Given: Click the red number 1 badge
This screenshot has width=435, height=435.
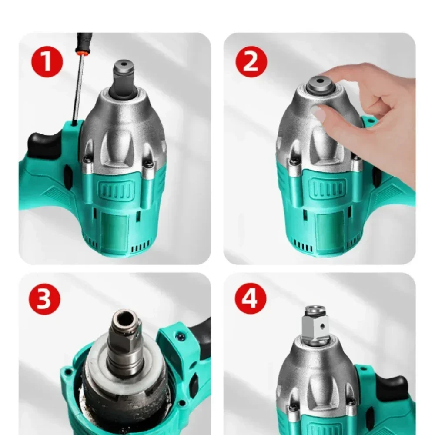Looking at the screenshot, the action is point(47,62).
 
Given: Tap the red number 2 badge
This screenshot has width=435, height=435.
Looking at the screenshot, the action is point(251,62).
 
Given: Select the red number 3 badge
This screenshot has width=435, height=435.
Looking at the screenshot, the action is point(44,299).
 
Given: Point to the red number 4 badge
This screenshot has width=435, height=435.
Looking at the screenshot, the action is point(251,299).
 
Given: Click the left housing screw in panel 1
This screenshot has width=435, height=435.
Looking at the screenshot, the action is point(87,160).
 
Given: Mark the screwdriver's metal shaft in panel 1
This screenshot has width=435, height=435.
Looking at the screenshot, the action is point(78,89).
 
